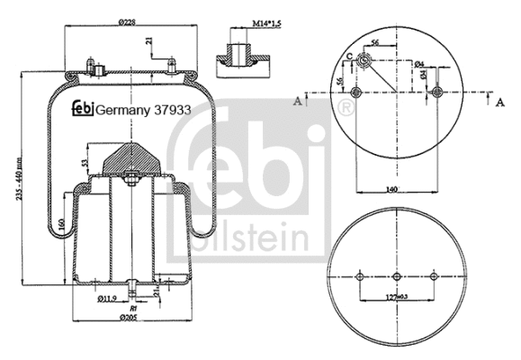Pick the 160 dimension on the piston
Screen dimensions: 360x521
(x=59, y=222)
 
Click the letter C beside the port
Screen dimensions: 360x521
(x=348, y=57)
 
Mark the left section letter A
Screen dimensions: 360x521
(x=297, y=103)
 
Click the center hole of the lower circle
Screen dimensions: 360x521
(x=396, y=276)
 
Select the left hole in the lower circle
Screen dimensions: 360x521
(x=358, y=276)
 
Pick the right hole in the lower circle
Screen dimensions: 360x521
(x=434, y=276)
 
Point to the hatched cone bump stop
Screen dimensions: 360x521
(x=130, y=159)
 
